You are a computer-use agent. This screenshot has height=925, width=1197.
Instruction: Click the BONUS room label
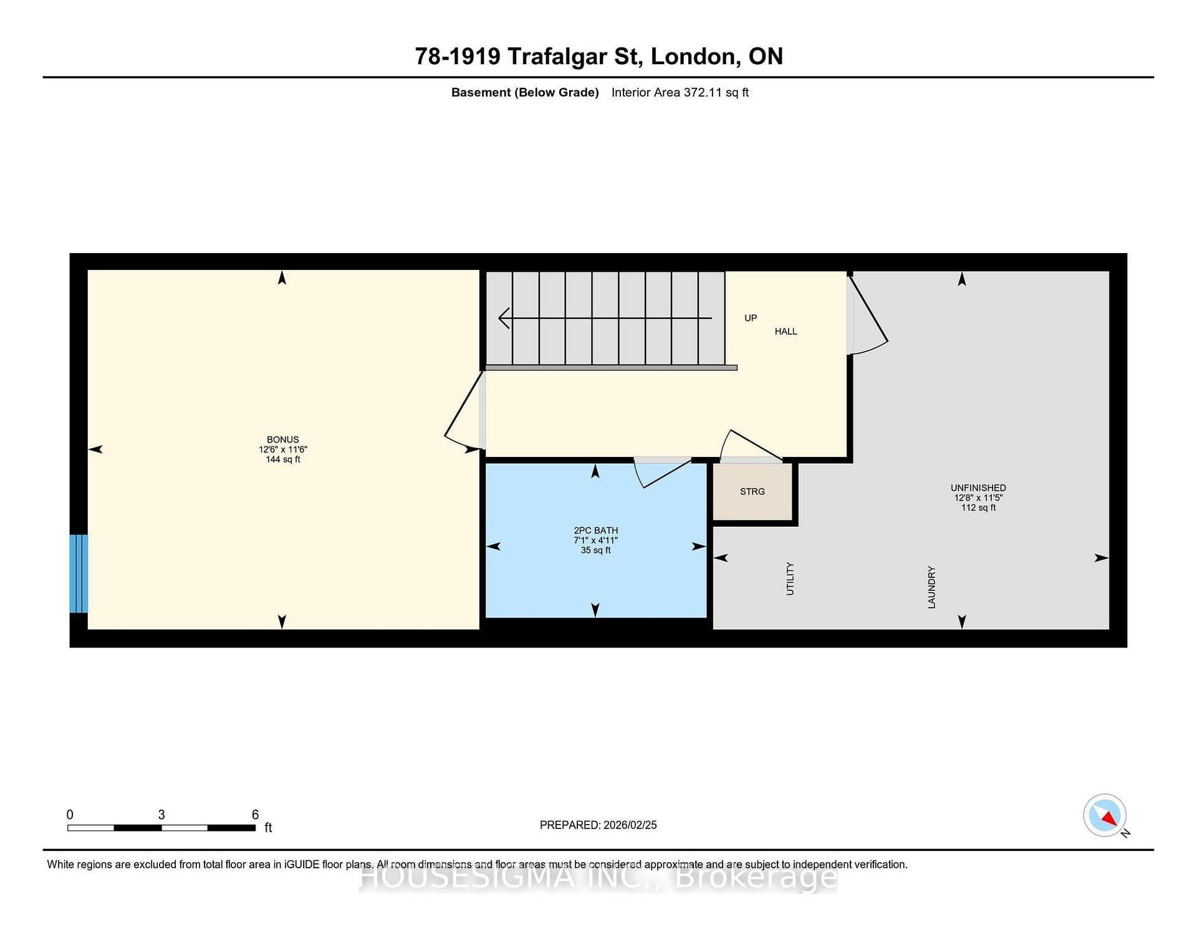click(282, 439)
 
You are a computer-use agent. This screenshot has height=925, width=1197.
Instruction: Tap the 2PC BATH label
click(596, 530)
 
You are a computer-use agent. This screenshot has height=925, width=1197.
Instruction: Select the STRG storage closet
click(752, 492)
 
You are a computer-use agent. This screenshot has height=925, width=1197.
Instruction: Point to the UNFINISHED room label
click(978, 488)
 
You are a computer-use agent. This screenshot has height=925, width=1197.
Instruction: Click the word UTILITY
click(790, 578)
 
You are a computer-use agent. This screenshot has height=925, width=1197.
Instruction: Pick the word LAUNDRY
click(931, 587)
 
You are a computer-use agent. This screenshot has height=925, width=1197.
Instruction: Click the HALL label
click(786, 332)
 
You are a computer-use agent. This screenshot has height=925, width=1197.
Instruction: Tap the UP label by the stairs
click(751, 318)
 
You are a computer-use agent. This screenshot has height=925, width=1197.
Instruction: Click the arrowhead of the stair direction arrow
click(504, 318)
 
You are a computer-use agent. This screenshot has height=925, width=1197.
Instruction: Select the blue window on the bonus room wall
click(79, 573)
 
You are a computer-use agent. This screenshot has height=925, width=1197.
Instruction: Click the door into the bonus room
click(465, 411)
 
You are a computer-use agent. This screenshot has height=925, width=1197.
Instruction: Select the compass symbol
click(1105, 815)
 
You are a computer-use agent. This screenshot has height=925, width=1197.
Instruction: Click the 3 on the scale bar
click(161, 815)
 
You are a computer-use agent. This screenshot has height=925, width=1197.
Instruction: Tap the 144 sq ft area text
click(283, 459)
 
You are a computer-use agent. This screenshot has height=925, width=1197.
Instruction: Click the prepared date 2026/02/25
click(630, 825)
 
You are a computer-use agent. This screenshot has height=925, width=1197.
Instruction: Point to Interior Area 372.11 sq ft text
click(680, 92)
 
